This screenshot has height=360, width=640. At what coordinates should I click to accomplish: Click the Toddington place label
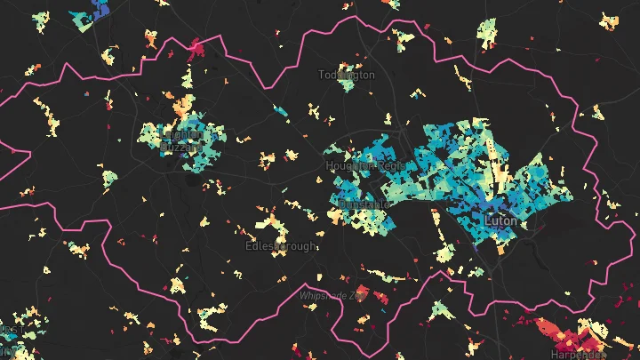(x=347, y=76)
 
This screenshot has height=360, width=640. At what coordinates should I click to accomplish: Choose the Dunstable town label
(x=364, y=204)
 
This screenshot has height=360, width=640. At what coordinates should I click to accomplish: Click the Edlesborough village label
(x=280, y=245)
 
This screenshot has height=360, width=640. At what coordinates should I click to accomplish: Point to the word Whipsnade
(x=325, y=294)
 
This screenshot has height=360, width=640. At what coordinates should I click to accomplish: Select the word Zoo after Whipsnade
(x=359, y=294)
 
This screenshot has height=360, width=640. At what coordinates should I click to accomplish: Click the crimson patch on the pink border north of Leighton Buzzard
(x=195, y=45)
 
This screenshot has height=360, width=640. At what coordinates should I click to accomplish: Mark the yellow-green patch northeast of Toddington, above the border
(x=404, y=39)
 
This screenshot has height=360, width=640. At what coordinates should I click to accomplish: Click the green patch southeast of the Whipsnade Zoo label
(x=440, y=310)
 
